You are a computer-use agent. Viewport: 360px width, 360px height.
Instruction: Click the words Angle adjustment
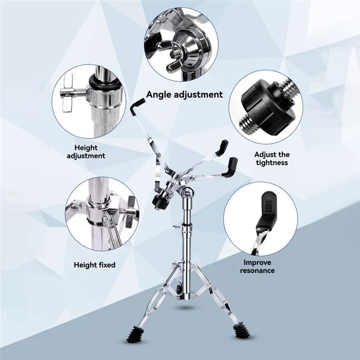click(184, 94)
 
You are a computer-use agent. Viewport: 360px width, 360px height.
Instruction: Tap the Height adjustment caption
click(86, 152)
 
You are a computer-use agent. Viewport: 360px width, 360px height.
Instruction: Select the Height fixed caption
click(94, 265)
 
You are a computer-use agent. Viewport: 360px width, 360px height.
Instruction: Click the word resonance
click(257, 270)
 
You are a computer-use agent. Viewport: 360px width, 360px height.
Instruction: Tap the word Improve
click(257, 262)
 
